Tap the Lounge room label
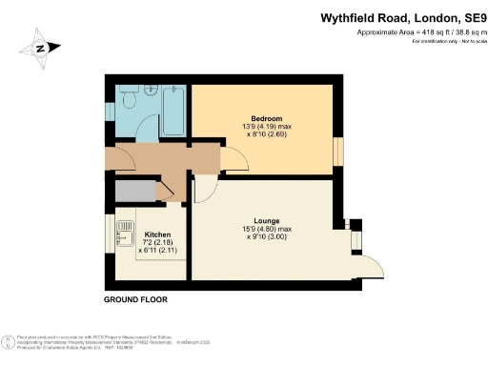[266, 218]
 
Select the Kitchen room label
[157, 233]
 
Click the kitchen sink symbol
[125, 230]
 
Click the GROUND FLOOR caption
[135, 299]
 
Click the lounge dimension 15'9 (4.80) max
[266, 227]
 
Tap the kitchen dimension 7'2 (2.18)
[156, 241]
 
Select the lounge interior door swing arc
[203, 189]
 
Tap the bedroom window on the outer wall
[337, 151]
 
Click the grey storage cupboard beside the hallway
[136, 192]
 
